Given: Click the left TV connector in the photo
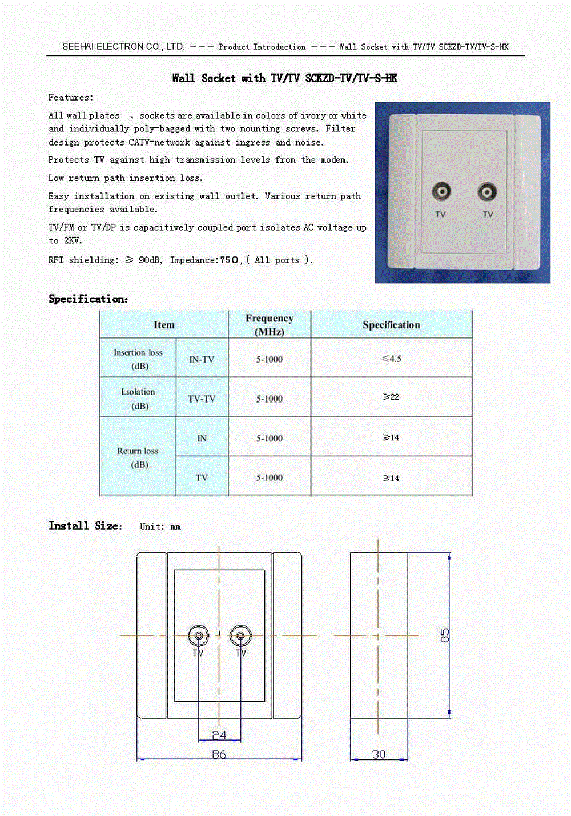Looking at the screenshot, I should (x=441, y=191).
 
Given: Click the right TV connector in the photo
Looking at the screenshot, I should (x=487, y=192).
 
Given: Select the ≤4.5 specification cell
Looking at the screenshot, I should (x=392, y=359).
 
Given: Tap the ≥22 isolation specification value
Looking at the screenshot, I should (x=391, y=397).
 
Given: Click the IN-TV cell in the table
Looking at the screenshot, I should (x=202, y=359).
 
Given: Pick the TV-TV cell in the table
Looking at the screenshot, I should (x=202, y=399).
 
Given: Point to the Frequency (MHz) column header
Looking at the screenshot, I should (x=270, y=324).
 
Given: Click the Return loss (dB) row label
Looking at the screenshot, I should (x=138, y=457).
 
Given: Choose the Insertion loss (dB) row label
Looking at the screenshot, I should (x=138, y=359).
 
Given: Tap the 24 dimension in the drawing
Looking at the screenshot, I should (x=219, y=735).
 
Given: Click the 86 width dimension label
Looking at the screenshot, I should (x=219, y=754).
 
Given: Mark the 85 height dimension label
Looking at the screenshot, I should (x=445, y=635).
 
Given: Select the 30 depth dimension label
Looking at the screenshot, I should (x=379, y=754).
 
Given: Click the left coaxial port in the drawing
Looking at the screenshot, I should (x=198, y=635).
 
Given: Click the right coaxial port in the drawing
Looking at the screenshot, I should (x=240, y=635).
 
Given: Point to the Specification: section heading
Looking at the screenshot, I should (x=89, y=299).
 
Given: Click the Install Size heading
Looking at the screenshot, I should (x=85, y=526).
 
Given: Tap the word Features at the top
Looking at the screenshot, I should (x=70, y=97).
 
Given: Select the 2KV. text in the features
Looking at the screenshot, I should (x=73, y=240).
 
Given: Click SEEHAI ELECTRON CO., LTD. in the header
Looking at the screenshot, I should (x=123, y=46).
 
